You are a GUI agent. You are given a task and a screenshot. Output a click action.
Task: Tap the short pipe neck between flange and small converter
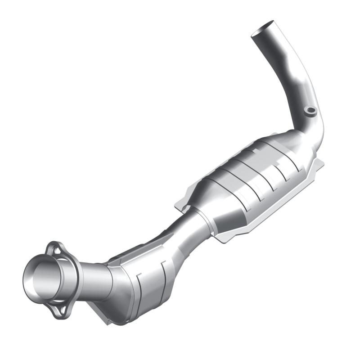click(x=92, y=279)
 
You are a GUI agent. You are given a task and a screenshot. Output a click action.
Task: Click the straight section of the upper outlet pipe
click(x=288, y=67)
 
